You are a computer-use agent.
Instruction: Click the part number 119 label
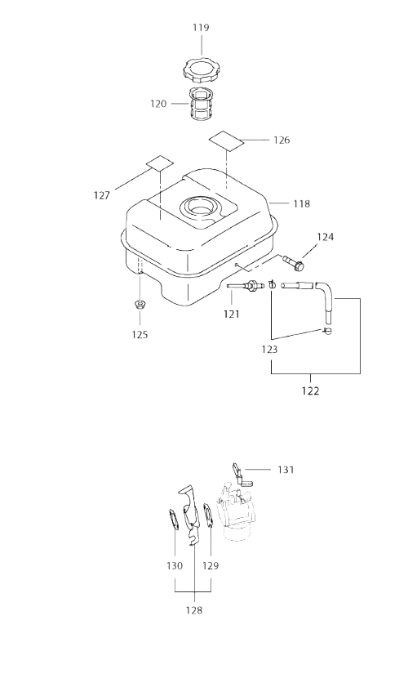click(202, 28)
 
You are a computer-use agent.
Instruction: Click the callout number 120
click(158, 104)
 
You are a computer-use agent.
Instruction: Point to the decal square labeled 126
click(226, 140)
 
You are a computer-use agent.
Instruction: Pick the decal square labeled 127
click(160, 163)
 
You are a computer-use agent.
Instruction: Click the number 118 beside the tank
click(302, 203)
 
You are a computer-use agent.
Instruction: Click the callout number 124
click(326, 237)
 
